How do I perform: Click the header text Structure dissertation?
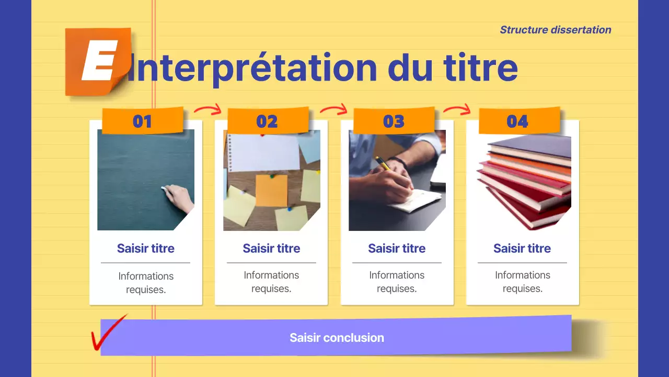[555, 30]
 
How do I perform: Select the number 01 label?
[142, 121]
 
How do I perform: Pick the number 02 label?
[267, 121]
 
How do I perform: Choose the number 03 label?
[394, 121]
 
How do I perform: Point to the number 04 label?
[518, 121]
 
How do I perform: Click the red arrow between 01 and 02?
[208, 109]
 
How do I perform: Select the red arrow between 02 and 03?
[333, 109]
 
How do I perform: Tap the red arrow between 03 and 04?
[457, 109]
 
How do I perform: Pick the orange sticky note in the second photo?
[271, 190]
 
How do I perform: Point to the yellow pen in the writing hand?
[383, 163]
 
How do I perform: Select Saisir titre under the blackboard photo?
[146, 248]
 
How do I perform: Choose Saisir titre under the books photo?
[522, 248]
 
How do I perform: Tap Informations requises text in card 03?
[397, 282]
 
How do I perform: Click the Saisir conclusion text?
[337, 338]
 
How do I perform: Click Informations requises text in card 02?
[271, 282]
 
